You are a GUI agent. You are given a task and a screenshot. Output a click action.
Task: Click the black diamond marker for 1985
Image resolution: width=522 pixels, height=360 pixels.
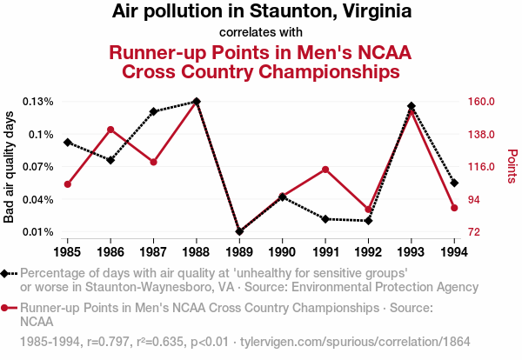(68, 142)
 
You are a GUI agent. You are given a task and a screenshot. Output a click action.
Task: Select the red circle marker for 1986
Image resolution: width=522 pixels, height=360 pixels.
(110, 130)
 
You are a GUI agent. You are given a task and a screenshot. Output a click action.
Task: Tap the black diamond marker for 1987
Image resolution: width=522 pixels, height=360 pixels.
(153, 111)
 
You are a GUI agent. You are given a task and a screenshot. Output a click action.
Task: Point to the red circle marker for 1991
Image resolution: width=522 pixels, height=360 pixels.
(325, 169)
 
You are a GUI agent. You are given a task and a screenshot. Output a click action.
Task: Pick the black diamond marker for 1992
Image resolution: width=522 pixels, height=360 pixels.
(368, 221)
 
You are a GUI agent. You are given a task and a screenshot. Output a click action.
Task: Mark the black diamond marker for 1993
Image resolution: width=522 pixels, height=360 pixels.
(412, 106)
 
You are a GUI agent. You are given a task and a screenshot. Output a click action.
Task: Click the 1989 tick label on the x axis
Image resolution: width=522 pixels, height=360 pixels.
(239, 252)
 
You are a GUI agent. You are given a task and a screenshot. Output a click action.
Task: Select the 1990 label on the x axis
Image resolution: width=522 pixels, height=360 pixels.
(282, 252)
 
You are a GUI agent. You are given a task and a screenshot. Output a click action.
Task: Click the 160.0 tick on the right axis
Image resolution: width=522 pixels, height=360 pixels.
(481, 102)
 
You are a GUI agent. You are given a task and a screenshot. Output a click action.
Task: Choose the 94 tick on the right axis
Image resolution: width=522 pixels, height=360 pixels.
(476, 199)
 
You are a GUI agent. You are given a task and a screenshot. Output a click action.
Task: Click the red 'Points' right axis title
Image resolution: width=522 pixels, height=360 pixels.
(512, 167)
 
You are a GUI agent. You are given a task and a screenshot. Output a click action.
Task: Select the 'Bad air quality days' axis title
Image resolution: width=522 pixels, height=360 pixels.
(10, 167)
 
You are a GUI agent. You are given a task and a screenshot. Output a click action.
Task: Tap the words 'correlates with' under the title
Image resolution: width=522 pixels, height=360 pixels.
(261, 33)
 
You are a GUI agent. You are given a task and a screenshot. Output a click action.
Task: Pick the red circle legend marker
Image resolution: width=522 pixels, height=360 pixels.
(8, 308)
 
